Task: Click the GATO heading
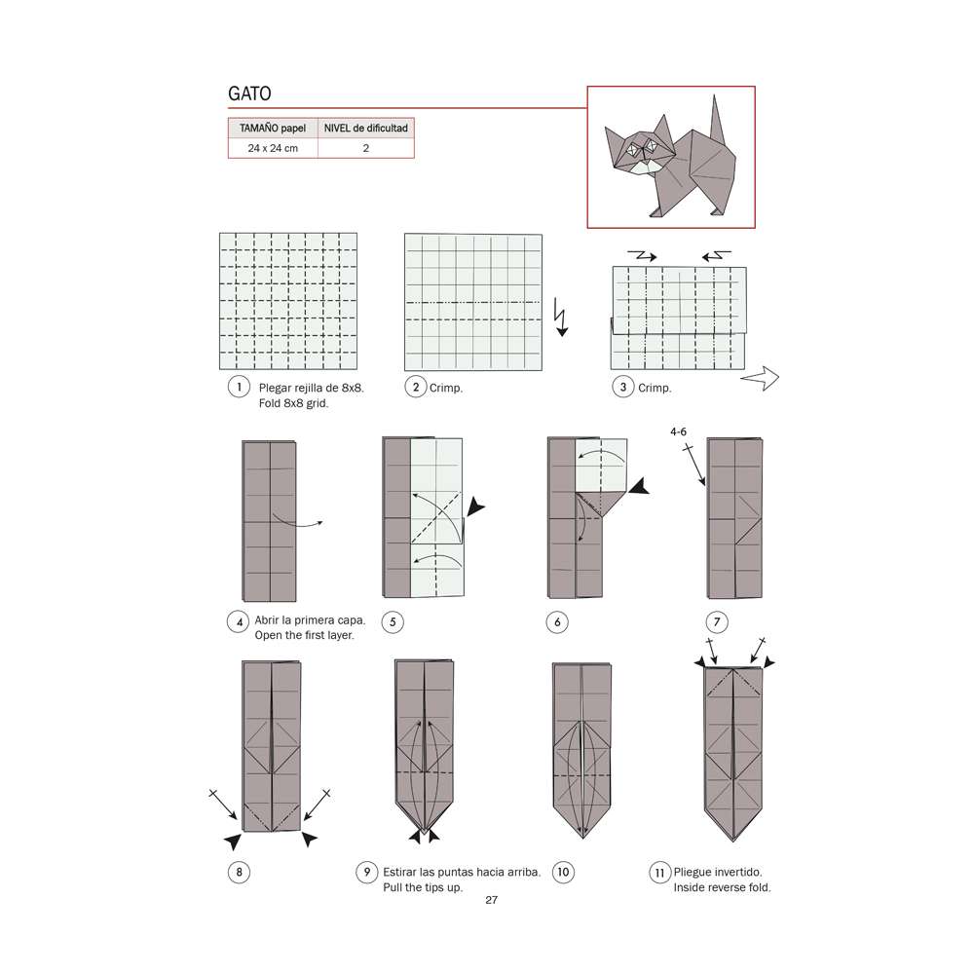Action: tap(249, 94)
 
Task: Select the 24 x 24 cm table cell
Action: tap(272, 148)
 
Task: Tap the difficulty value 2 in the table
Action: tap(365, 148)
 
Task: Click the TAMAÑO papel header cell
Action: tap(272, 128)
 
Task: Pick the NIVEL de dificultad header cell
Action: tap(365, 128)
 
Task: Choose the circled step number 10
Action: tap(562, 872)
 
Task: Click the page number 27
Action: tap(491, 900)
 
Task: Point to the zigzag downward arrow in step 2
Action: tap(560, 318)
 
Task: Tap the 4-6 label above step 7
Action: tap(680, 430)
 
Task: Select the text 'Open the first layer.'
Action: tap(304, 635)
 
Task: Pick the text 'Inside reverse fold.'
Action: tap(722, 887)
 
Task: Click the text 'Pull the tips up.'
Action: tap(423, 887)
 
